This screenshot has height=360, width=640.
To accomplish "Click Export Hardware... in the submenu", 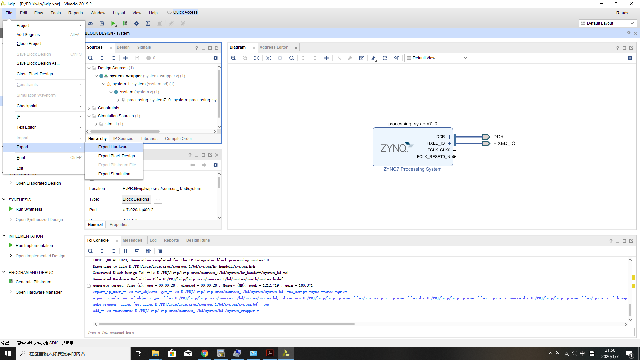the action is click(115, 147).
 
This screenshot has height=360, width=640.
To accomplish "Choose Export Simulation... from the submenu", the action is click(115, 174).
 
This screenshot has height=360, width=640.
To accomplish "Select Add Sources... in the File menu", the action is click(30, 35).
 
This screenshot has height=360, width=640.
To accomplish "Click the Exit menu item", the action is click(20, 168).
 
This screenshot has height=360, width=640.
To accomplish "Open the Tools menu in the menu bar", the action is click(55, 13).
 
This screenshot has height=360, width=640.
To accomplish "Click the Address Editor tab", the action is click(273, 47).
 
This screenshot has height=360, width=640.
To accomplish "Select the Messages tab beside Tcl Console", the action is click(132, 240).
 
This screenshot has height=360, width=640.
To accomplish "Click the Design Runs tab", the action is click(198, 240).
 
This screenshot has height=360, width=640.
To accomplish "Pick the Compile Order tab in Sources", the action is click(178, 139).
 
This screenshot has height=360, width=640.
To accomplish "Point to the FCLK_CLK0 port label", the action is click(439, 150).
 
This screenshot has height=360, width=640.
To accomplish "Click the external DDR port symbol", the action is click(486, 137).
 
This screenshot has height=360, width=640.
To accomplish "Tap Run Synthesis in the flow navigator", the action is click(29, 209).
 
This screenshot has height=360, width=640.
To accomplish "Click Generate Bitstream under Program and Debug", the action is click(33, 282).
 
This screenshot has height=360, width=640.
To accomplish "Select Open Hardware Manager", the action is click(39, 292).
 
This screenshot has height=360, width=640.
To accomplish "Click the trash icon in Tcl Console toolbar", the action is click(160, 251).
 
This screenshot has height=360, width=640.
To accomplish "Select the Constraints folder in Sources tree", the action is click(108, 108).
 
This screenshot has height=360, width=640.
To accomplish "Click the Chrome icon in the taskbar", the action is click(205, 353).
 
